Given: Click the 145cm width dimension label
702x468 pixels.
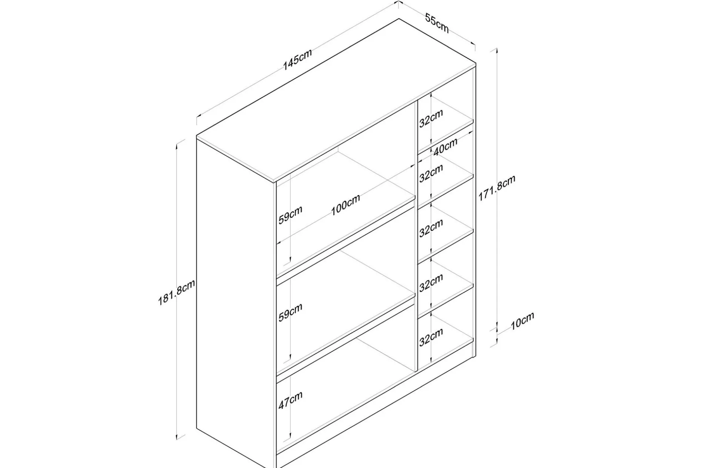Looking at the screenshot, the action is click(298, 60).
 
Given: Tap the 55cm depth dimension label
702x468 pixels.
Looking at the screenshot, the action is click(437, 23).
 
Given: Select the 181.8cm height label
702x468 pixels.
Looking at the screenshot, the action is click(176, 292).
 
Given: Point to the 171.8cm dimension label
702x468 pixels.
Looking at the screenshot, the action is click(497, 188).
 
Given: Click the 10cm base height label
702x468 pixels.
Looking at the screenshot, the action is click(522, 321).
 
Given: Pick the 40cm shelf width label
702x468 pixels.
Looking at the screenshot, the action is click(445, 146).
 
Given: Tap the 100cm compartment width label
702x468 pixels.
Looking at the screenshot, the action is click(345, 204).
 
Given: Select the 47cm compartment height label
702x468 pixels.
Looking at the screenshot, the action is click(291, 400).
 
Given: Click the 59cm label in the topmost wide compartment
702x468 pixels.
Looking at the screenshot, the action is click(291, 215).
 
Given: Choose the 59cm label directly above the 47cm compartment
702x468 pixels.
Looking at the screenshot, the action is click(291, 313).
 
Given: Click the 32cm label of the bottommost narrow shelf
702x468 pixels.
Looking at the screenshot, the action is click(431, 337).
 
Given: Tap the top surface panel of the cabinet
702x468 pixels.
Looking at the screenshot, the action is click(336, 101).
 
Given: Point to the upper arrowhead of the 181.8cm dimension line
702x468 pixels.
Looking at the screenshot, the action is click(177, 145).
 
